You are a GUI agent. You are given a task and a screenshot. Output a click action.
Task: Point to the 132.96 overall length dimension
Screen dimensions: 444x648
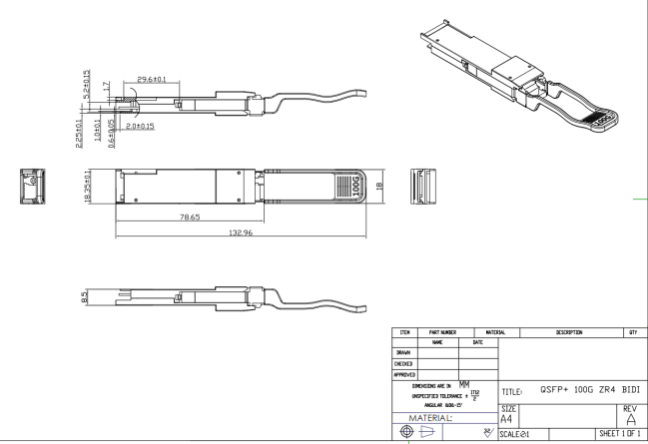(x=239, y=232)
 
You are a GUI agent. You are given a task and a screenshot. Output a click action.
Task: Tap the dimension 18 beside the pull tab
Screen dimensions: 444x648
(x=379, y=186)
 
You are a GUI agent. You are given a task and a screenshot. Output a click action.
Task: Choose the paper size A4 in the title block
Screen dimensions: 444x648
(x=507, y=420)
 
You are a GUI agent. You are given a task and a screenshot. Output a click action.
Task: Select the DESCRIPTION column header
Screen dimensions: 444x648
(x=570, y=332)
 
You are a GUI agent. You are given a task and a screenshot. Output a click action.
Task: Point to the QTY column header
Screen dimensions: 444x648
(x=633, y=332)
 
